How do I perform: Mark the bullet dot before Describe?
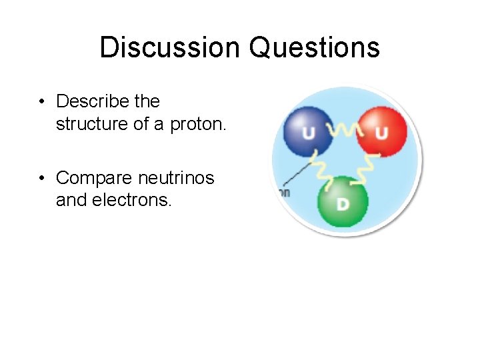point(41,102)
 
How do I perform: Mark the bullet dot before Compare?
point(41,179)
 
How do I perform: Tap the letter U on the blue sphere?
point(309,133)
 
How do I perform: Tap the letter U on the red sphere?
point(381,133)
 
